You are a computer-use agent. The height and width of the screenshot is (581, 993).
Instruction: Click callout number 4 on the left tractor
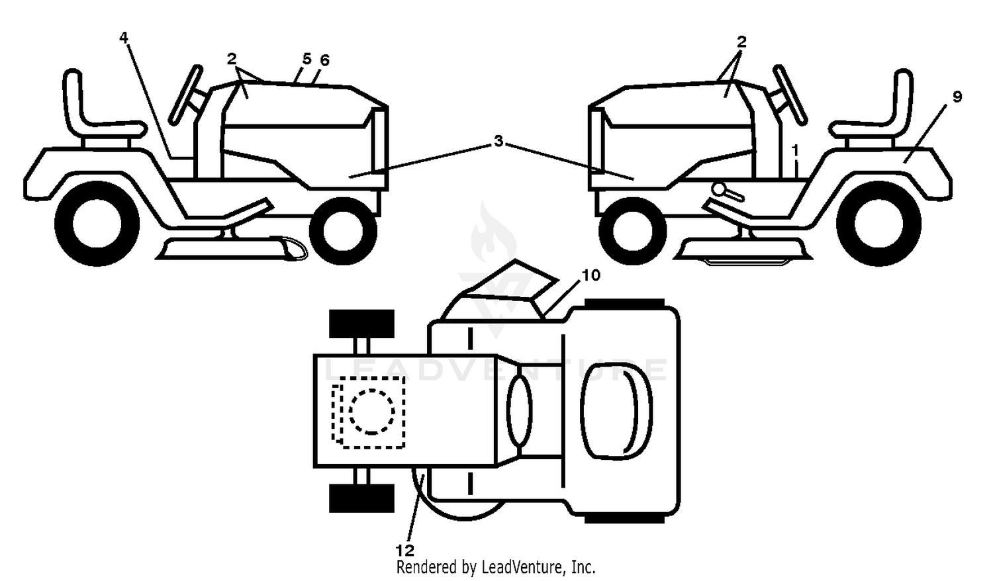coord(124,38)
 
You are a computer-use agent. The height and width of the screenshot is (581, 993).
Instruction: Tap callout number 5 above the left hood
coord(307,58)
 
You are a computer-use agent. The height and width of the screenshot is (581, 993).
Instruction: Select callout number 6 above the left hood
coord(324,60)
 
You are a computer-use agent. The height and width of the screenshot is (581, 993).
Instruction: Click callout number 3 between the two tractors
coord(498,142)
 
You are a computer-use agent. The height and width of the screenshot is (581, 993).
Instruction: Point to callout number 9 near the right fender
coord(957,97)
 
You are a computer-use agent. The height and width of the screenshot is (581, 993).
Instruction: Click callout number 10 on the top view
coord(591,275)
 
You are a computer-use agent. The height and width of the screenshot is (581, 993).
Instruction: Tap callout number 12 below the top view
coord(404,551)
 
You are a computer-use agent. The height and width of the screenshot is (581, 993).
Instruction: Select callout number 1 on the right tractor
coord(796,151)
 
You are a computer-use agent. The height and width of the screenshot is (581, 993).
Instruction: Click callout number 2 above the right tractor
coord(741,42)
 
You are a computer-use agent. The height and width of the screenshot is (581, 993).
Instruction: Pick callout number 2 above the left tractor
coord(232,58)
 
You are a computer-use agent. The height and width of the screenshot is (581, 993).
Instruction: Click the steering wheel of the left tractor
coord(186,95)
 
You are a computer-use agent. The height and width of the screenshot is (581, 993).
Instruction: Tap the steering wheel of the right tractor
coord(790,95)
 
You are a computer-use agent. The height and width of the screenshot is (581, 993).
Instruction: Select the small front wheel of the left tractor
coord(343,232)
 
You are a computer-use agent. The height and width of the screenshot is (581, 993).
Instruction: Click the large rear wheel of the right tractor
coord(878,224)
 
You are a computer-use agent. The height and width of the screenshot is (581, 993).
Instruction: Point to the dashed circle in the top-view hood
coord(371,412)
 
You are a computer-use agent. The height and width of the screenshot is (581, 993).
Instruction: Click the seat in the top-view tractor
coord(616,411)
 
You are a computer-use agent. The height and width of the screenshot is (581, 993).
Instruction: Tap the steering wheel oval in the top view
coord(520,411)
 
